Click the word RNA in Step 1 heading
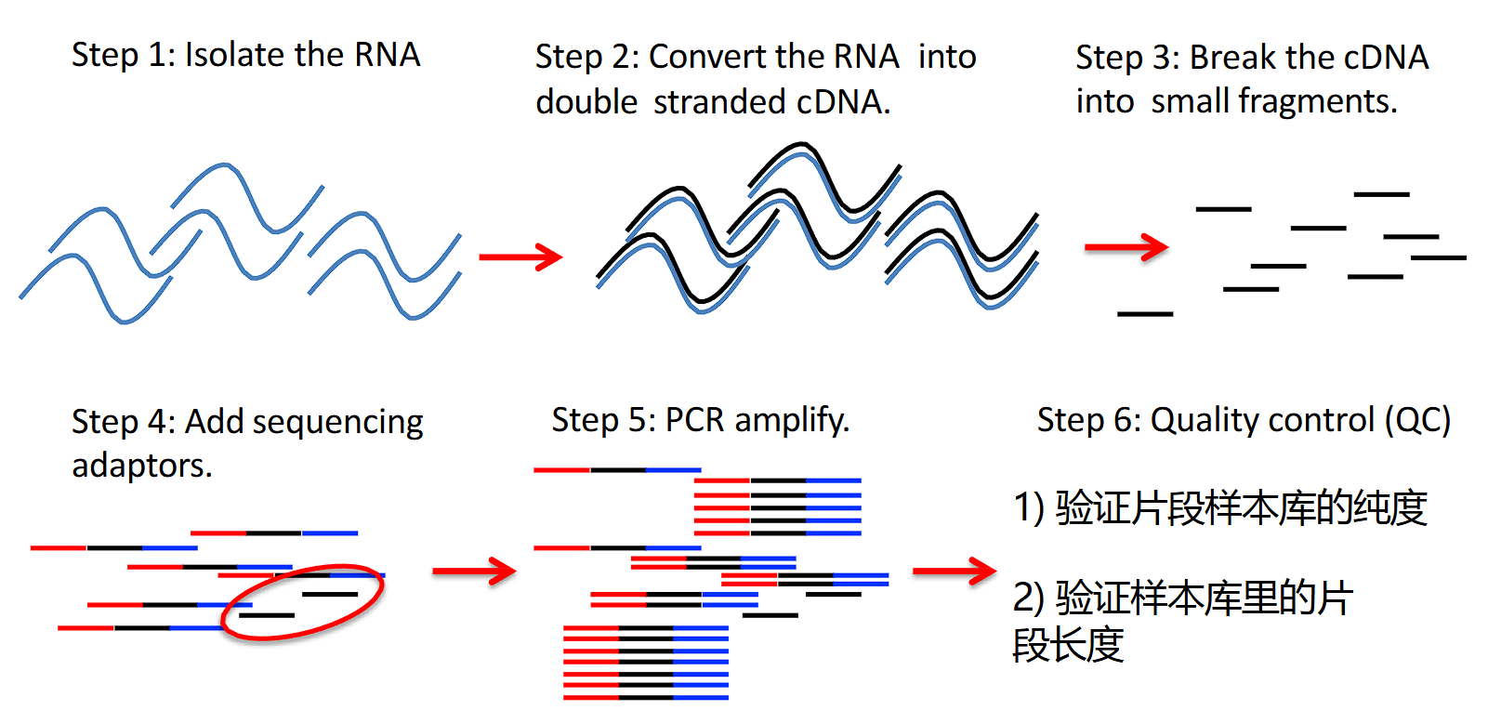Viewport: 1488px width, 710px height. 388,55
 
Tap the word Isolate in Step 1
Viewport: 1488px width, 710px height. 234,55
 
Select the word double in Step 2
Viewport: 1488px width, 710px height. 586,102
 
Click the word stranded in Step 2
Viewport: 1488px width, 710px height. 718,102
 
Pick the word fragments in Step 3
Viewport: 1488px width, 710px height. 1274,102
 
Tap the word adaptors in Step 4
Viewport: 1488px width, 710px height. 141,466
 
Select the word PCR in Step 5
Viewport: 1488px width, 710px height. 694,420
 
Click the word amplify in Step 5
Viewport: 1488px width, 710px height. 791,421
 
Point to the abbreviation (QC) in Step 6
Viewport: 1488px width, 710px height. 1418,420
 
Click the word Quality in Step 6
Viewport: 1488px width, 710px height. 1205,421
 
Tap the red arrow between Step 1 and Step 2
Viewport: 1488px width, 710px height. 520,257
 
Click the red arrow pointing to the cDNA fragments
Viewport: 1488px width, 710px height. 1126,247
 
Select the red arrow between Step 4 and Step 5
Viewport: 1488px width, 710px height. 474,572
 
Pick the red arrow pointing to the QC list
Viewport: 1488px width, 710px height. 955,572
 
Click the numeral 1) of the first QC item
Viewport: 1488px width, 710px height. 1029,508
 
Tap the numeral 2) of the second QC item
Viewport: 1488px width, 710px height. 1029,598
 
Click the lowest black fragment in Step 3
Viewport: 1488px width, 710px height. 1145,314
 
